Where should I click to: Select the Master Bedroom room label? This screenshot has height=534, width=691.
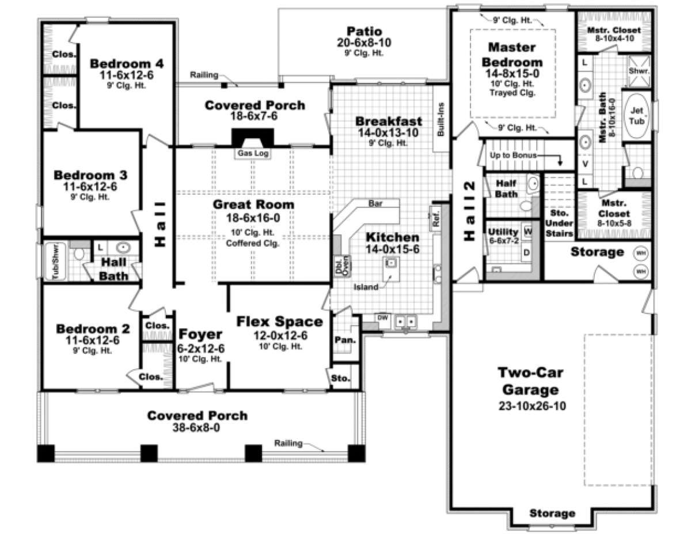tap(512, 54)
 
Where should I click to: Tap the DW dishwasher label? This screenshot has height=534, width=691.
tap(381, 317)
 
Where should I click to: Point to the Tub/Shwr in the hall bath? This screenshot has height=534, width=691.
tap(56, 262)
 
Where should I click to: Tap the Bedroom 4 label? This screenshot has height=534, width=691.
tap(127, 63)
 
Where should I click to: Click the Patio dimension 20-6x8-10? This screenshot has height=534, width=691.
tap(364, 42)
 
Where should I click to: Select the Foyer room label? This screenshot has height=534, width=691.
tap(200, 335)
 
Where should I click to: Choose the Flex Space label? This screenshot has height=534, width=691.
tap(279, 321)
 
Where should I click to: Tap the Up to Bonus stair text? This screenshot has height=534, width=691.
tap(513, 156)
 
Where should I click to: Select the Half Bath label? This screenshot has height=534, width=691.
tap(506, 187)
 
